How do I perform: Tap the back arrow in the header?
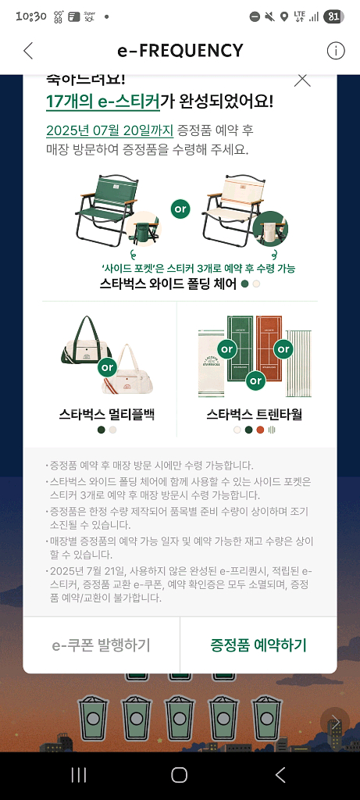click(x=28, y=51)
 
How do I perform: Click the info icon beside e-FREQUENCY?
click(x=335, y=51)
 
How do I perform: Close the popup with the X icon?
click(x=302, y=79)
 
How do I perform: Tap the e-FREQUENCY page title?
click(x=180, y=51)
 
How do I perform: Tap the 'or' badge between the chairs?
click(x=181, y=210)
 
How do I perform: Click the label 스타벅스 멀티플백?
click(x=107, y=413)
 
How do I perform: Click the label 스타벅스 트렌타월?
click(x=254, y=413)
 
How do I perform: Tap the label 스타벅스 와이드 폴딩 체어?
click(x=168, y=284)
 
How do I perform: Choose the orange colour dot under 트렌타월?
click(x=260, y=429)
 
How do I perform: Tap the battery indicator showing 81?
click(x=333, y=16)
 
